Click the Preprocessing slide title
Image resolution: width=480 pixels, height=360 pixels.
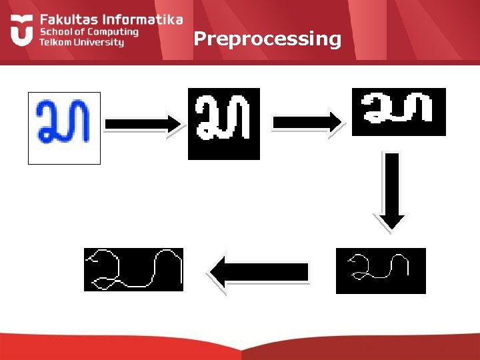(x=267, y=39)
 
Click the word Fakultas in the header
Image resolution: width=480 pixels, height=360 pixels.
(x=66, y=20)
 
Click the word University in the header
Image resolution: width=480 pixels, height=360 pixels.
(x=99, y=42)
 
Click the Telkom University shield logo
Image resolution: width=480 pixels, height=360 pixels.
(x=21, y=31)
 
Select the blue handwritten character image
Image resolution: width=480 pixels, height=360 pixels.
(x=63, y=127)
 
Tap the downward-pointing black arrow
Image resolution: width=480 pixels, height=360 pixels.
(x=393, y=190)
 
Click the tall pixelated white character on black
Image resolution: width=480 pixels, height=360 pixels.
(x=223, y=123)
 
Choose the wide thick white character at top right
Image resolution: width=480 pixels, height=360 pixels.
(x=398, y=111)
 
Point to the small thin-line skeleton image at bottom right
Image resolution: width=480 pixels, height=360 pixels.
(x=381, y=270)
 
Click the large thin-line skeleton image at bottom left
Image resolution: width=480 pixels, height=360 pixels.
(x=133, y=269)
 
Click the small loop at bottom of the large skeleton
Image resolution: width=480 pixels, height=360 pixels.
(x=101, y=285)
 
